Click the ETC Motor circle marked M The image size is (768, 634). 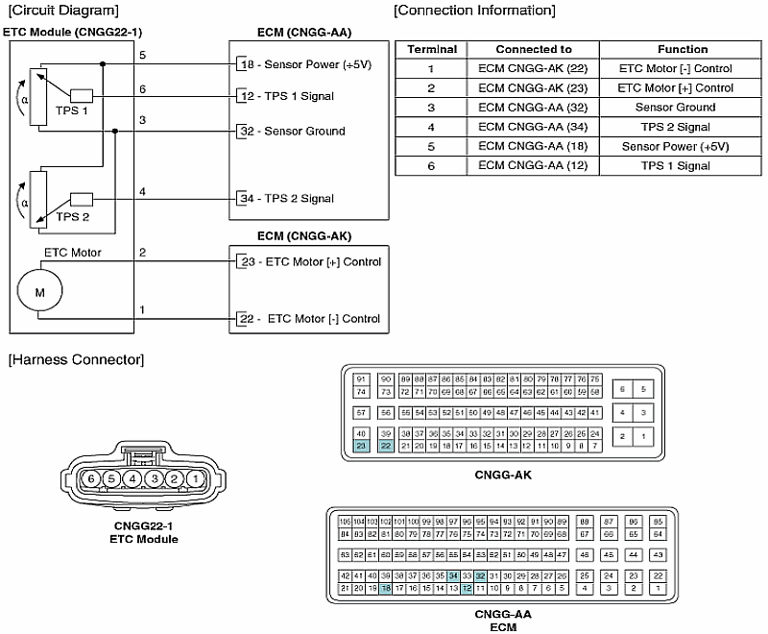point(39,289)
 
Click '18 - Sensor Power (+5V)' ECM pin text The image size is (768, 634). point(299,64)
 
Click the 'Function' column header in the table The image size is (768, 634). point(683,49)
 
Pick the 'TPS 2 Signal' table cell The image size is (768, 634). point(683,127)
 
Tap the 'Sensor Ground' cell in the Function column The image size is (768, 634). point(683,108)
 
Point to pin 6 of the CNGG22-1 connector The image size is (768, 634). point(91,478)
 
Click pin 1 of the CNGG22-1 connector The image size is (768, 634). point(195,478)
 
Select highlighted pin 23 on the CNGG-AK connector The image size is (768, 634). point(361,446)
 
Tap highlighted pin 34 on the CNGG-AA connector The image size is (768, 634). point(453,575)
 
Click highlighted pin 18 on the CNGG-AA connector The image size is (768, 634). point(386,589)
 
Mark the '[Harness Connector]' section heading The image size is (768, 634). point(76,359)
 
